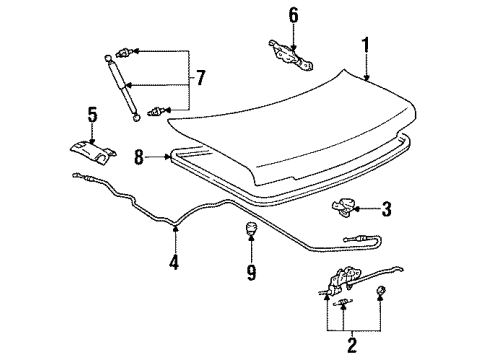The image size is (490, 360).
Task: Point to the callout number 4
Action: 176,264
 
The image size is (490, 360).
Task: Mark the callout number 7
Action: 200,77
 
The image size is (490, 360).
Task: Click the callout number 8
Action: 140,156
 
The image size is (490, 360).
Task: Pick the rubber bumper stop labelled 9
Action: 248,236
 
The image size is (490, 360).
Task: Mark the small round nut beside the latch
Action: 381,292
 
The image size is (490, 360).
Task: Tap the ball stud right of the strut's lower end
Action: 155,111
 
